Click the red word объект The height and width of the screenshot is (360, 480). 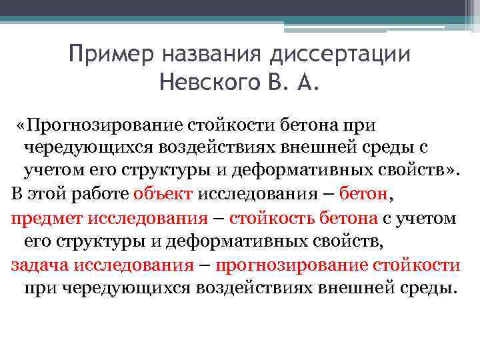tap(163, 193)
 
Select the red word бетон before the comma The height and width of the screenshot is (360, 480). tap(363, 193)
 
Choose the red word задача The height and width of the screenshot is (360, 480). tap(41, 265)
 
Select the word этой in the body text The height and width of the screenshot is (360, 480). tap(50, 193)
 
